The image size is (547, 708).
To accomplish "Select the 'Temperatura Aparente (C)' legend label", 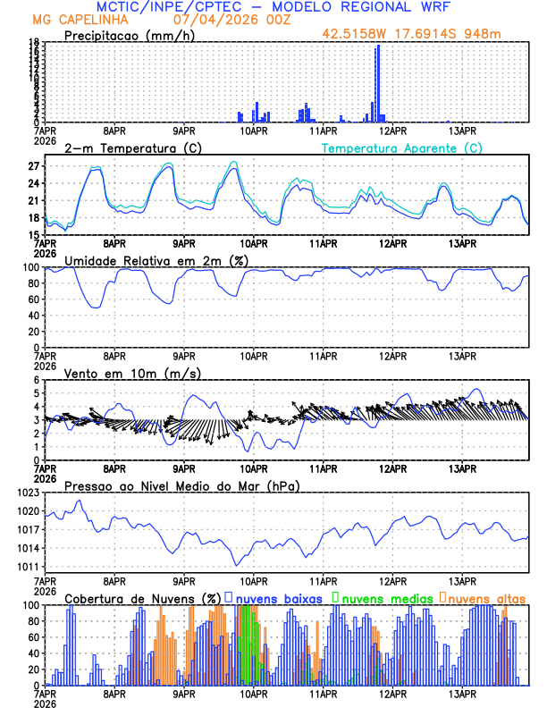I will [402, 147].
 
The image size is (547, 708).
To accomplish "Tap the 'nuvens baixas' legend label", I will [278, 598].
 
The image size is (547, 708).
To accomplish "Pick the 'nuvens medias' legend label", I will [384, 598].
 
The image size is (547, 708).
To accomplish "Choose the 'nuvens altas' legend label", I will [486, 598].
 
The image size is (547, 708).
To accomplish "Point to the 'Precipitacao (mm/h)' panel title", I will [128, 35].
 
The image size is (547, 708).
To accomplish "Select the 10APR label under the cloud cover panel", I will [254, 693].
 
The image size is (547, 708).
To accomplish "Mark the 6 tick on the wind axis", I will [38, 381].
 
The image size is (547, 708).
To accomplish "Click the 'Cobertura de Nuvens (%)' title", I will [143, 598].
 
